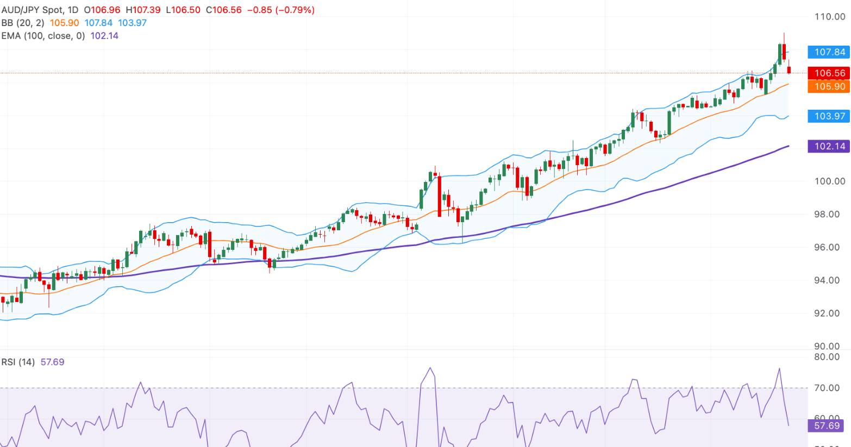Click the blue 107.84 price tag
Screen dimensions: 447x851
(x=829, y=52)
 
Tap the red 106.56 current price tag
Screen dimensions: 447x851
(x=829, y=73)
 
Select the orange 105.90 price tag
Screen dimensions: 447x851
(x=829, y=86)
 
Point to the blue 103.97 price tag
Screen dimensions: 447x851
(x=829, y=116)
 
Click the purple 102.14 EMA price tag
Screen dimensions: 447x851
(x=829, y=146)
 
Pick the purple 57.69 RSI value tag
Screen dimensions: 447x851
(x=827, y=426)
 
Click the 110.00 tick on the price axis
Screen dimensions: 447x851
(x=830, y=17)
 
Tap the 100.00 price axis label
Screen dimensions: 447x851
(x=830, y=181)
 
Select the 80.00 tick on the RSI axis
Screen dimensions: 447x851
(x=827, y=357)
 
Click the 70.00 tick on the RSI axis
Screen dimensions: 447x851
(x=827, y=388)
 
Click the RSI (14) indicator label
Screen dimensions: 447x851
(x=18, y=362)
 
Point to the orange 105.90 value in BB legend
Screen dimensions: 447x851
(x=64, y=23)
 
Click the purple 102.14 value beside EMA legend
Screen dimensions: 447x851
(x=104, y=36)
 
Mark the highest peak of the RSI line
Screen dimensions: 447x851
(x=430, y=368)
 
